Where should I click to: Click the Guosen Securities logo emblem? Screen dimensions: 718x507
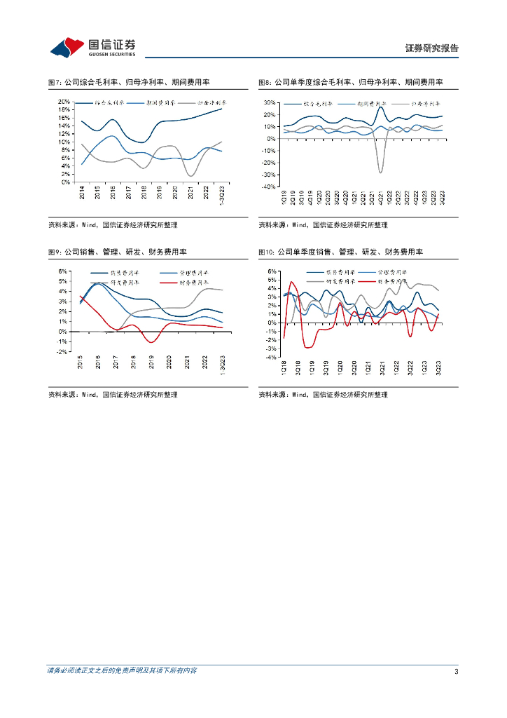(68, 48)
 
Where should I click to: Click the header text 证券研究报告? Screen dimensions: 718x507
(431, 48)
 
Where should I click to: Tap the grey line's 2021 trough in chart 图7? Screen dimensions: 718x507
(190, 175)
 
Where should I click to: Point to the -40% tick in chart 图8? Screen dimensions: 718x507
(268, 187)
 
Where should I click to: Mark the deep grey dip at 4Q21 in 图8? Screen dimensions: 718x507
(380, 172)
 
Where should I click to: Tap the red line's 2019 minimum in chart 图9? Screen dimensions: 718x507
(151, 341)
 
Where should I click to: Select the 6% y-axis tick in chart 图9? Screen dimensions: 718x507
(62, 271)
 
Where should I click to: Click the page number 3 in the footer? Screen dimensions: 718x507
(456, 672)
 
